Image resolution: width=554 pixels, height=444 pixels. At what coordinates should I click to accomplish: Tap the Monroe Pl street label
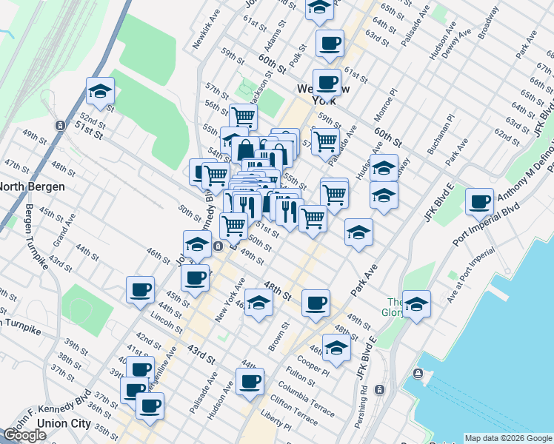click(389, 101)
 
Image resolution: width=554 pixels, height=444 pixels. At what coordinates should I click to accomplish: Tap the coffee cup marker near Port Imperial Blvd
click(480, 201)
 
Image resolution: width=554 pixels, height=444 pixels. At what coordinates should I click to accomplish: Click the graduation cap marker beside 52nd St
click(100, 91)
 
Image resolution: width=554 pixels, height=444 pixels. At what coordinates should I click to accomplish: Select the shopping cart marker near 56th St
click(243, 116)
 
